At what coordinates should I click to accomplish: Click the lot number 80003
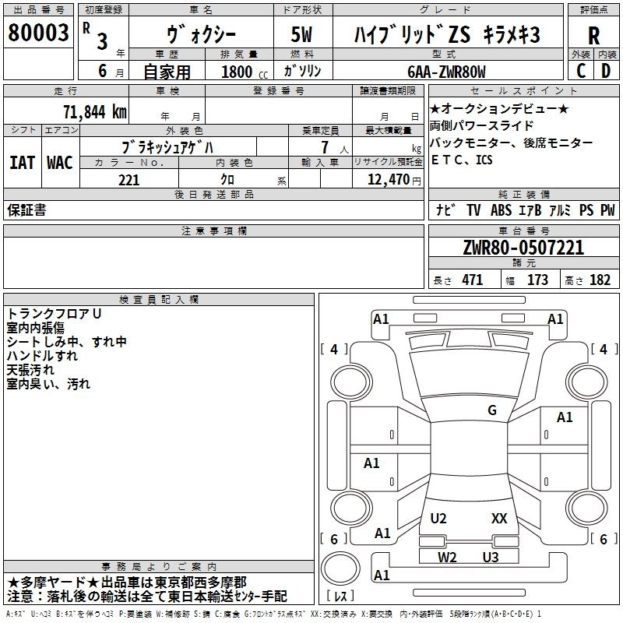point(38,33)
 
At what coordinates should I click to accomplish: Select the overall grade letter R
point(593,36)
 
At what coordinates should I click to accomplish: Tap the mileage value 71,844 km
point(95,111)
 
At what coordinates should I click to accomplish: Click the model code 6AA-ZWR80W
point(446,72)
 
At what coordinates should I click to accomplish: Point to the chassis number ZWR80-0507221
point(523,248)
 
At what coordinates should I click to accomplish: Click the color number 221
point(128,180)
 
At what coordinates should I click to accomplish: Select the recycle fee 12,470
point(388,179)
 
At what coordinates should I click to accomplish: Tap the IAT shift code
point(22,163)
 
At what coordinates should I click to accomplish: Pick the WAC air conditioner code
point(60,163)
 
